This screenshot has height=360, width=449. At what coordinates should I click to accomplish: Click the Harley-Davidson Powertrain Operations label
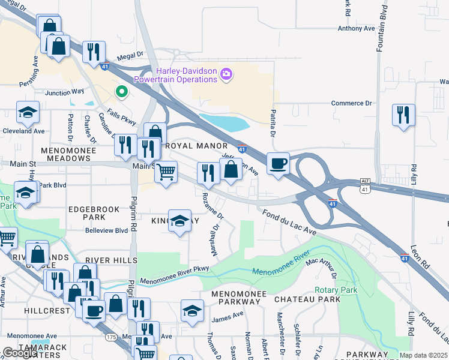pos(175,75)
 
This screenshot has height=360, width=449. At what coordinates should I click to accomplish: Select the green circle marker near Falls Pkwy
pos(121,92)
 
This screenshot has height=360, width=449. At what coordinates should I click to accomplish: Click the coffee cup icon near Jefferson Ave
pos(278,164)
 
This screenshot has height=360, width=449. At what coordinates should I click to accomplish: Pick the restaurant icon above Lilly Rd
pos(403,114)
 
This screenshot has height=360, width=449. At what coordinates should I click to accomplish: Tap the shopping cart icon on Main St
pos(166,172)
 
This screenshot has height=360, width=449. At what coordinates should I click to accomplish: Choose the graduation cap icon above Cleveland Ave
pos(27,112)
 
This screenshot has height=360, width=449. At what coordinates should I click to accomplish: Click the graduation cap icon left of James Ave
pos(192,311)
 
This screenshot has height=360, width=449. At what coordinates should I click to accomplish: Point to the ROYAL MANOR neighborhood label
pos(196,146)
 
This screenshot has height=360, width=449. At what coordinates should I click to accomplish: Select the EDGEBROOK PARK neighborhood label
pos(91,212)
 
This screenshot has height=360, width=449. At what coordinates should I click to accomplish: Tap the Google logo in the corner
pos(20,353)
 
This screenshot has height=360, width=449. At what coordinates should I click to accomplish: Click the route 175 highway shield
pos(112,338)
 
